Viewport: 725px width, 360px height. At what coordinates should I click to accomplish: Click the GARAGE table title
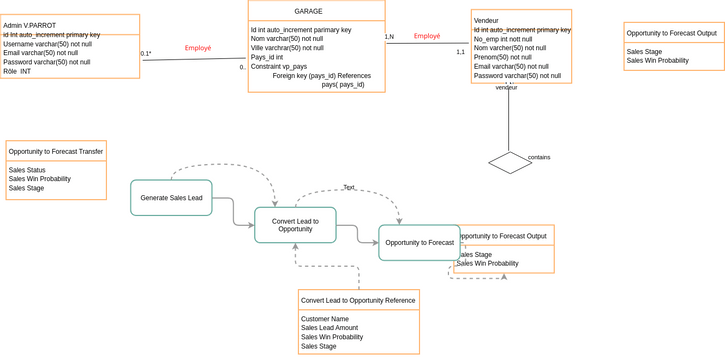[316, 11]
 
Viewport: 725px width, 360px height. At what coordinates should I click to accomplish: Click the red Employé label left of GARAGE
[198, 48]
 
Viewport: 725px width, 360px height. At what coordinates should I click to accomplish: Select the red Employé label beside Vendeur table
[427, 36]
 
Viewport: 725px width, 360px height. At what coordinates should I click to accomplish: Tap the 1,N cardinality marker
[389, 37]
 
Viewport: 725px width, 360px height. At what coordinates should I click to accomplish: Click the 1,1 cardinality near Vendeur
[460, 52]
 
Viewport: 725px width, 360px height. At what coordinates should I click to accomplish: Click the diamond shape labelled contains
[510, 162]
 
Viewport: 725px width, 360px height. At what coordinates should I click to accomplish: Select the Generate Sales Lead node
[171, 198]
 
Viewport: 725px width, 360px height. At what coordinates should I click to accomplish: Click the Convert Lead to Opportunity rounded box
[295, 225]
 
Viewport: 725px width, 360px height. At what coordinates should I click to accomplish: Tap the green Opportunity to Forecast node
[419, 243]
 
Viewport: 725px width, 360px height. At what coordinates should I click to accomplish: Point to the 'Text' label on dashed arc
[349, 187]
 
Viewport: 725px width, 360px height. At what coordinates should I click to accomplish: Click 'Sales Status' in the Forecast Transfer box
[29, 170]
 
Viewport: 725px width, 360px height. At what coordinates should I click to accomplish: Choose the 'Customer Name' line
[326, 319]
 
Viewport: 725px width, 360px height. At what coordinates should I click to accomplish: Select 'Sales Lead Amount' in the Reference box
[330, 328]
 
